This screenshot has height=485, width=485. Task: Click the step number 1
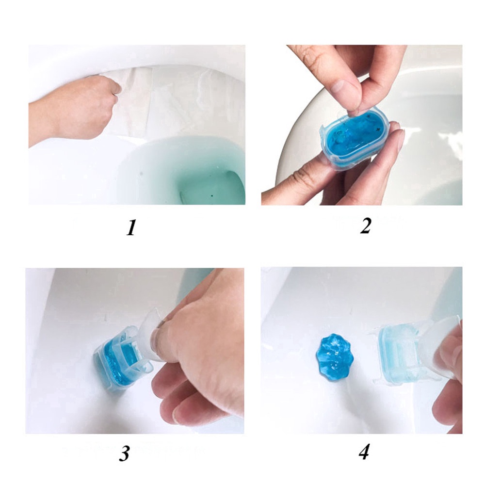click(130, 227)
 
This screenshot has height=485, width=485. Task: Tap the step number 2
click(365, 226)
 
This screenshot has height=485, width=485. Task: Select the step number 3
click(125, 453)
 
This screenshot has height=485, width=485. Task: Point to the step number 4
click(364, 453)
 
